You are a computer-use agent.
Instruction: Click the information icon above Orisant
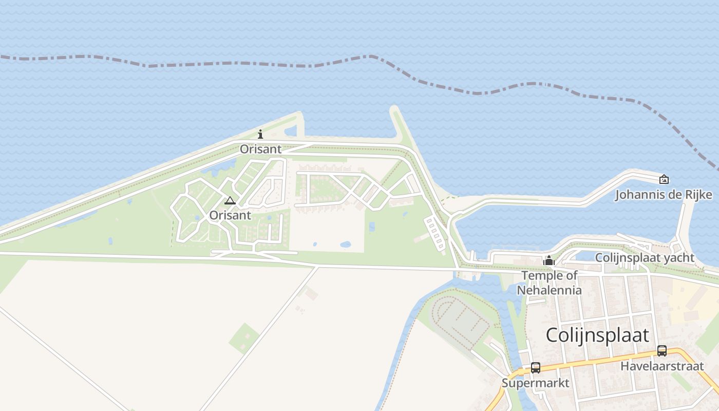point(260,135)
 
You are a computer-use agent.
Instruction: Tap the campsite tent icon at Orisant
point(230,200)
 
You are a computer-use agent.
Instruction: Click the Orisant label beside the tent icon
point(230,215)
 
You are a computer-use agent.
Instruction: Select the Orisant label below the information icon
point(261,150)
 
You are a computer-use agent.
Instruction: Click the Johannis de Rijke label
point(664,195)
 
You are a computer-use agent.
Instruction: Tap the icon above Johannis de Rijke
point(664,179)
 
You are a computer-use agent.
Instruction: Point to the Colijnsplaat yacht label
point(645,258)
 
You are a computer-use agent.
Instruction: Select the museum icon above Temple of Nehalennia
point(549,261)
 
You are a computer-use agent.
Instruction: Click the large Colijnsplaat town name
point(597,335)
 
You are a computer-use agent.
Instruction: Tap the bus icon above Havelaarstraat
point(662,351)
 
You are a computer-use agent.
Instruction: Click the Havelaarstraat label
point(662,366)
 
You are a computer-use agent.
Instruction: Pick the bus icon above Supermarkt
point(536,368)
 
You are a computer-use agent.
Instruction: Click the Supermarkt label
point(536,383)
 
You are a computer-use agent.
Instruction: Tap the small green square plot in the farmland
point(244,338)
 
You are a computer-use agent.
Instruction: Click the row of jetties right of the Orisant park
point(434,233)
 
